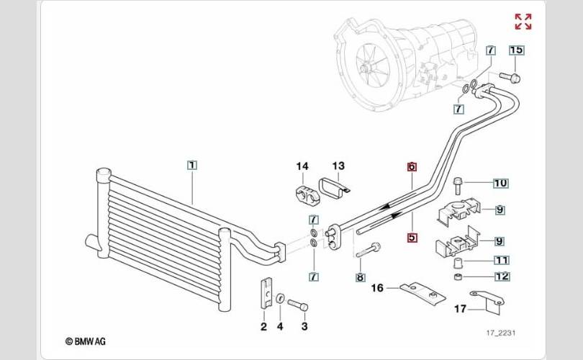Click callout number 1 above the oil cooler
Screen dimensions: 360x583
[x=191, y=165]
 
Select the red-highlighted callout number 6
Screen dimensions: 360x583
[x=412, y=166]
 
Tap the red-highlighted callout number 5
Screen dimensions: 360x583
[x=412, y=237]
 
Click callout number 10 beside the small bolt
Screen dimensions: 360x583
[x=500, y=183]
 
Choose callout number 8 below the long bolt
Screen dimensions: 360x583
[x=360, y=276]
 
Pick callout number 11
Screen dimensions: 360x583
[x=501, y=260]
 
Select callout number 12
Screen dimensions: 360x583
[x=501, y=276]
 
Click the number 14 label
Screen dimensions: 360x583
[x=302, y=167]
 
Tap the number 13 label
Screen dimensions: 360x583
[x=338, y=167]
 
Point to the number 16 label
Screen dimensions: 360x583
[x=377, y=288]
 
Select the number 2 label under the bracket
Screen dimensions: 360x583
[x=263, y=327]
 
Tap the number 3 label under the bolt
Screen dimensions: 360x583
[x=304, y=327]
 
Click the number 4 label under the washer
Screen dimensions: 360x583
[x=281, y=327]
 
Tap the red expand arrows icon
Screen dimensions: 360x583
[x=523, y=22]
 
